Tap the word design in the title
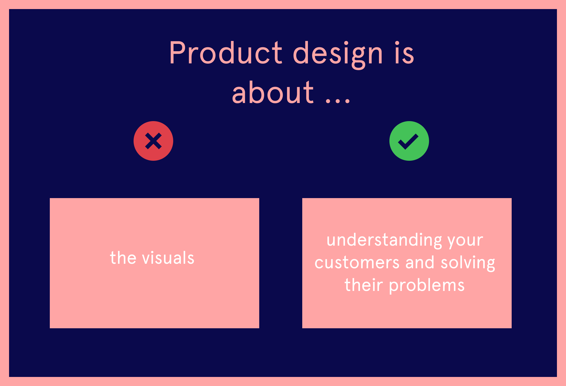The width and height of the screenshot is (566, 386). (x=338, y=55)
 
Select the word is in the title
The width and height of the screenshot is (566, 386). (x=404, y=52)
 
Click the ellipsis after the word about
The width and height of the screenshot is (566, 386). (x=338, y=100)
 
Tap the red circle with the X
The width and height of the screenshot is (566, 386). (x=153, y=141)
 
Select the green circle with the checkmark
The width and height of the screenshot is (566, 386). (x=409, y=141)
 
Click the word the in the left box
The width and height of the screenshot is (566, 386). (x=123, y=258)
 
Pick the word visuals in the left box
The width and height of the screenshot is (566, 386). (x=168, y=258)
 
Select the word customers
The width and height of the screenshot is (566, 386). (x=357, y=262)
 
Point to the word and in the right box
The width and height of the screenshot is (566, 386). (x=420, y=262)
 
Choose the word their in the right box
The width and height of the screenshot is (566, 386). (x=364, y=284)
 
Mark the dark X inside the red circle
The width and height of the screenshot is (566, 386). (x=153, y=141)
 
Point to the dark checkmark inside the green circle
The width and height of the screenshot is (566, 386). (x=408, y=141)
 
